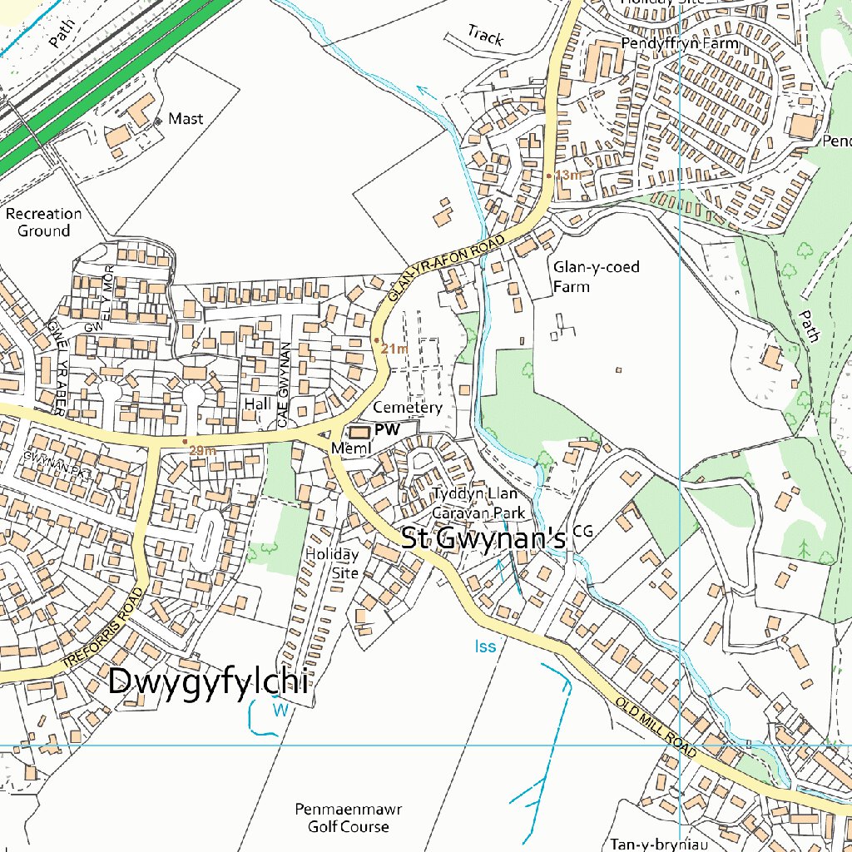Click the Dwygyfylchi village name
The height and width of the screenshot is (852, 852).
(x=209, y=682)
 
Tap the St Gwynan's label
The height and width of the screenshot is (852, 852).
(x=483, y=538)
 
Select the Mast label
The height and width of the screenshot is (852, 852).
(x=186, y=119)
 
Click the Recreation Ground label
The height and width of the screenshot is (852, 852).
(x=43, y=222)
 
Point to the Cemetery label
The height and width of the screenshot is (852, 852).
(x=407, y=408)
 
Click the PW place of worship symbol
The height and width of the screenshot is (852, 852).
(x=360, y=432)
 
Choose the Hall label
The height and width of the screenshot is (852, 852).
(x=258, y=404)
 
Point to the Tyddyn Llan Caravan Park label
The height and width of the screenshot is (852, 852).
(x=478, y=503)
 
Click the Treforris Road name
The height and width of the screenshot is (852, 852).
(x=103, y=628)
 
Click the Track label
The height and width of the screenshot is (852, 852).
(x=485, y=35)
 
